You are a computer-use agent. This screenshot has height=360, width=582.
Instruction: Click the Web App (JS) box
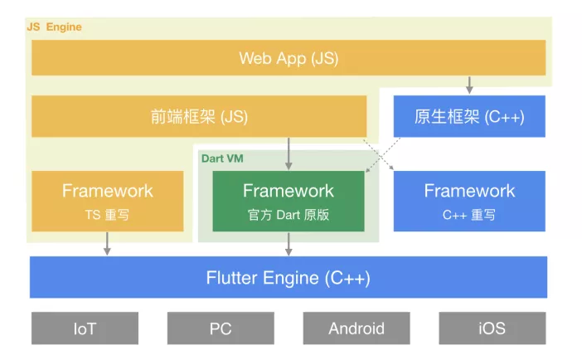pos(289,58)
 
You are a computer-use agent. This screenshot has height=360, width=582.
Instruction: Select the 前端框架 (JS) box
pos(199,116)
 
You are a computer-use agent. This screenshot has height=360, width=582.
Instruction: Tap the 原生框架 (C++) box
pos(469,116)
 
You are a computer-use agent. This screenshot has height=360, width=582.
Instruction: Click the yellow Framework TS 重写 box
pos(107,201)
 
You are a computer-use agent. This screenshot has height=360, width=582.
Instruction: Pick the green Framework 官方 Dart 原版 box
pos(289,201)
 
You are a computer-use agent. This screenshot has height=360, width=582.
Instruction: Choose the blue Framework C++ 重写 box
pos(469,201)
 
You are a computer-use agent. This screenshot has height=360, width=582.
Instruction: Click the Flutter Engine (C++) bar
pos(289,277)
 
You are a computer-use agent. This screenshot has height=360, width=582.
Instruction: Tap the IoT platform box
pos(85,328)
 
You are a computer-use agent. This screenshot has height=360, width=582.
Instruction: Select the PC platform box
pos(221,328)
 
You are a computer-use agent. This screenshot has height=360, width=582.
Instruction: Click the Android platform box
pos(356,328)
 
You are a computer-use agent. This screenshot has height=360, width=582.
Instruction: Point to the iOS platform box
pos(492,328)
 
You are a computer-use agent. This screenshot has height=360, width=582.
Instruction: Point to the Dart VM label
pos(222,158)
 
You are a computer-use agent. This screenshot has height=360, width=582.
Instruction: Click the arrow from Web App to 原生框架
pos(469,85)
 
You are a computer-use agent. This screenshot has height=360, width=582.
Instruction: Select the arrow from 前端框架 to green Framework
pos(289,154)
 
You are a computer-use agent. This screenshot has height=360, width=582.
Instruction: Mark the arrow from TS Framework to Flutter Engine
pos(107,244)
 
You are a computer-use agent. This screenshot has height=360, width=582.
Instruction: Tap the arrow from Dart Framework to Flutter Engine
pos(289,244)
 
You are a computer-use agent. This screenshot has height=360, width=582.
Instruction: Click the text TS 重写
pos(107,215)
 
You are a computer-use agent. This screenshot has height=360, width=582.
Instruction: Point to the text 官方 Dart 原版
pos(289,215)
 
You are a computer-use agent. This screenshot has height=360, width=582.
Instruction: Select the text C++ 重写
pos(469,215)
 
